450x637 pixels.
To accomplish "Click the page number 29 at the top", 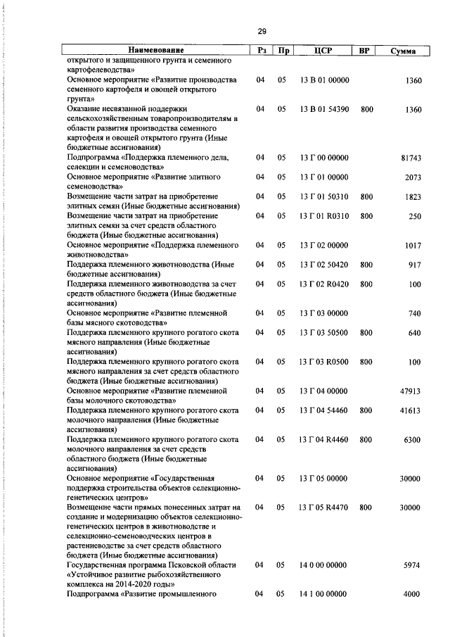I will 261,31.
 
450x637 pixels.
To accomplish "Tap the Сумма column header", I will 402,51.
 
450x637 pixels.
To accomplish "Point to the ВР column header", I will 364,51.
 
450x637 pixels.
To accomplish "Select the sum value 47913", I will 411,391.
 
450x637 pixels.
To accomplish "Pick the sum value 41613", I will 411,410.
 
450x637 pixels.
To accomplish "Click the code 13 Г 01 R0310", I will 324,216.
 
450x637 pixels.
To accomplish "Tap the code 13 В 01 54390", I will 324,110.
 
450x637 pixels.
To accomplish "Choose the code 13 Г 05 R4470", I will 324,507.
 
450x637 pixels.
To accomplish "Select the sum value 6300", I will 412,439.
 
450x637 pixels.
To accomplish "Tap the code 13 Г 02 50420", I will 324,265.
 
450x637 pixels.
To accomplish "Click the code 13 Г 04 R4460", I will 324,439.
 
